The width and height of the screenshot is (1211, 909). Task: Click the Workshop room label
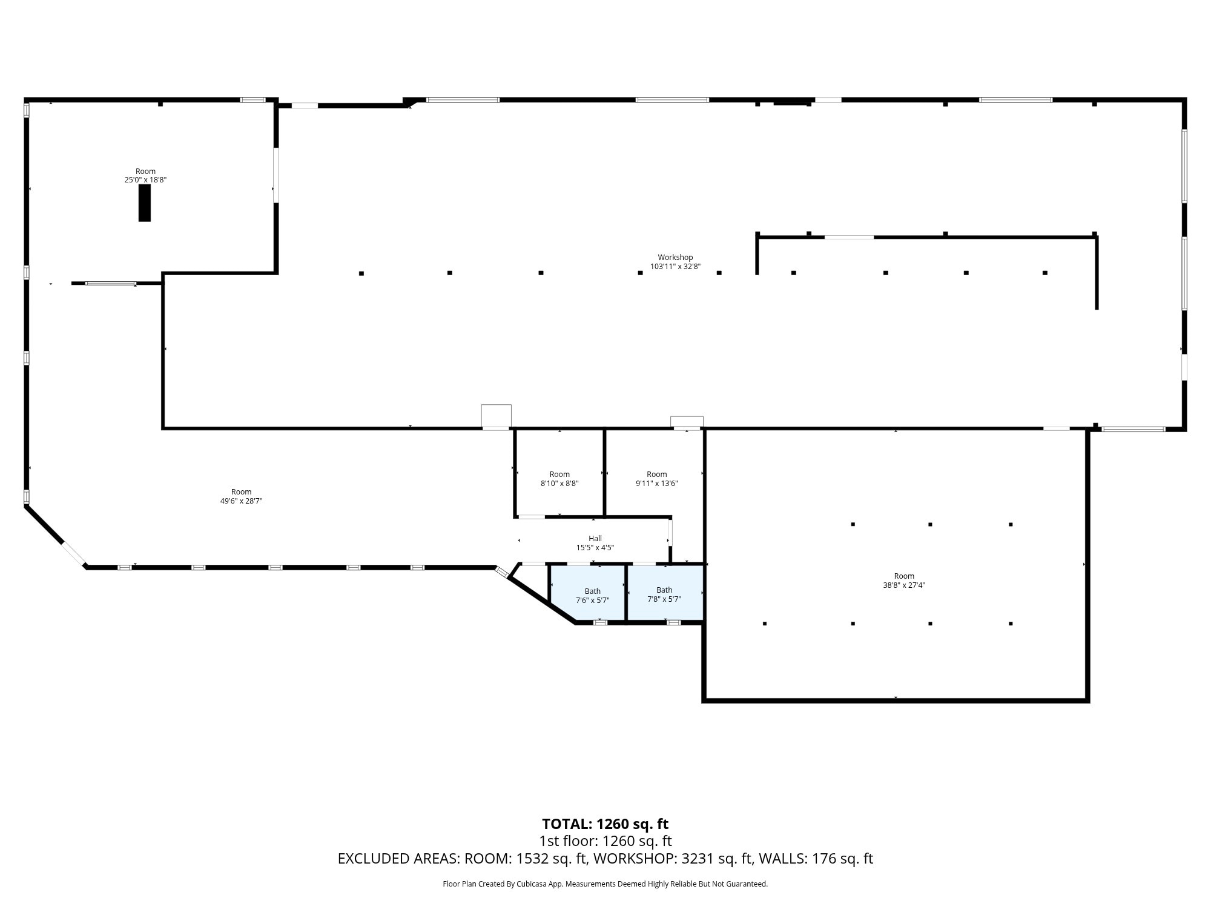(x=675, y=258)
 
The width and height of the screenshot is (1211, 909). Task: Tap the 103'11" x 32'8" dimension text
(x=675, y=267)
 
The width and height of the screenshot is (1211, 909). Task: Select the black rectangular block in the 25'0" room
(x=144, y=203)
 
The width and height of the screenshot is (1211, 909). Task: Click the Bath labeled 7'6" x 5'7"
(x=592, y=596)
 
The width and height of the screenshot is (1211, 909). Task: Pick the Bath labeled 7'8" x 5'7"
(x=664, y=594)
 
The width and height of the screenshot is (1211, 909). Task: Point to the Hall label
(x=595, y=538)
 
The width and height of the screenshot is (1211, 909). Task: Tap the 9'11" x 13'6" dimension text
(x=657, y=484)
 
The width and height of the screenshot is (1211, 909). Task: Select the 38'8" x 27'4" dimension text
(x=904, y=585)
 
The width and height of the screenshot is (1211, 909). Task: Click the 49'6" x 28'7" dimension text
(x=241, y=501)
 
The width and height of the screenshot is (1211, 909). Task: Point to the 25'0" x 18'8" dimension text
(x=145, y=180)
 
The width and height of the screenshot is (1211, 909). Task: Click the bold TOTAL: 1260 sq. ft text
(x=605, y=824)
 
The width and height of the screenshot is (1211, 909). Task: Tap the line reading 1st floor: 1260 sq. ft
(x=605, y=841)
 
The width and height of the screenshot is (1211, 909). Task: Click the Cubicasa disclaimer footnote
(x=605, y=884)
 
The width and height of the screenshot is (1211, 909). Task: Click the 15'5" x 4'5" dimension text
(x=595, y=548)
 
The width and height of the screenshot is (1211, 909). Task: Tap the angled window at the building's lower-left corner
(x=74, y=553)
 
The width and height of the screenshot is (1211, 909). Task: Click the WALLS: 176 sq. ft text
(x=816, y=859)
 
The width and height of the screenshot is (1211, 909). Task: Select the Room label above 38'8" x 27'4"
(x=904, y=576)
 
